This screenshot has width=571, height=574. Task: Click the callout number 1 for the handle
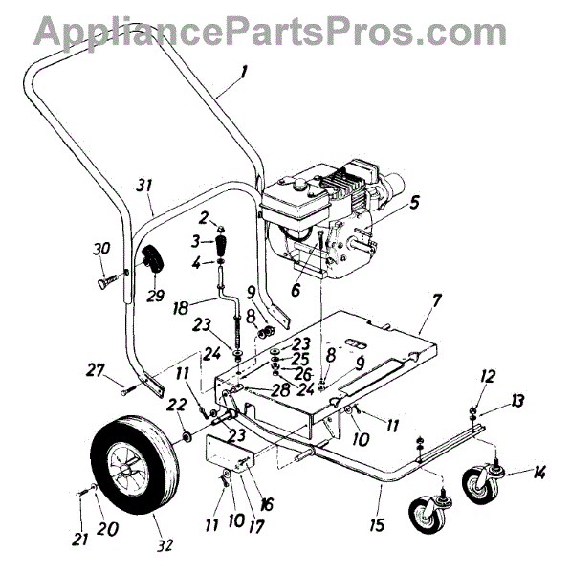243,72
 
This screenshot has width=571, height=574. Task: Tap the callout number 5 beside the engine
414,202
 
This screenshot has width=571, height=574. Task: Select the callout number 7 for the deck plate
437,301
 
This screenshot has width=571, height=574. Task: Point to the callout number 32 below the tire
165,545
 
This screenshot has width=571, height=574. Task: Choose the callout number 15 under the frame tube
377,524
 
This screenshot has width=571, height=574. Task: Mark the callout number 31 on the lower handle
143,186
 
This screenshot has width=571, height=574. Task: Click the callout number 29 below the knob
155,295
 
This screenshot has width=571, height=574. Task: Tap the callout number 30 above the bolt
101,249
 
